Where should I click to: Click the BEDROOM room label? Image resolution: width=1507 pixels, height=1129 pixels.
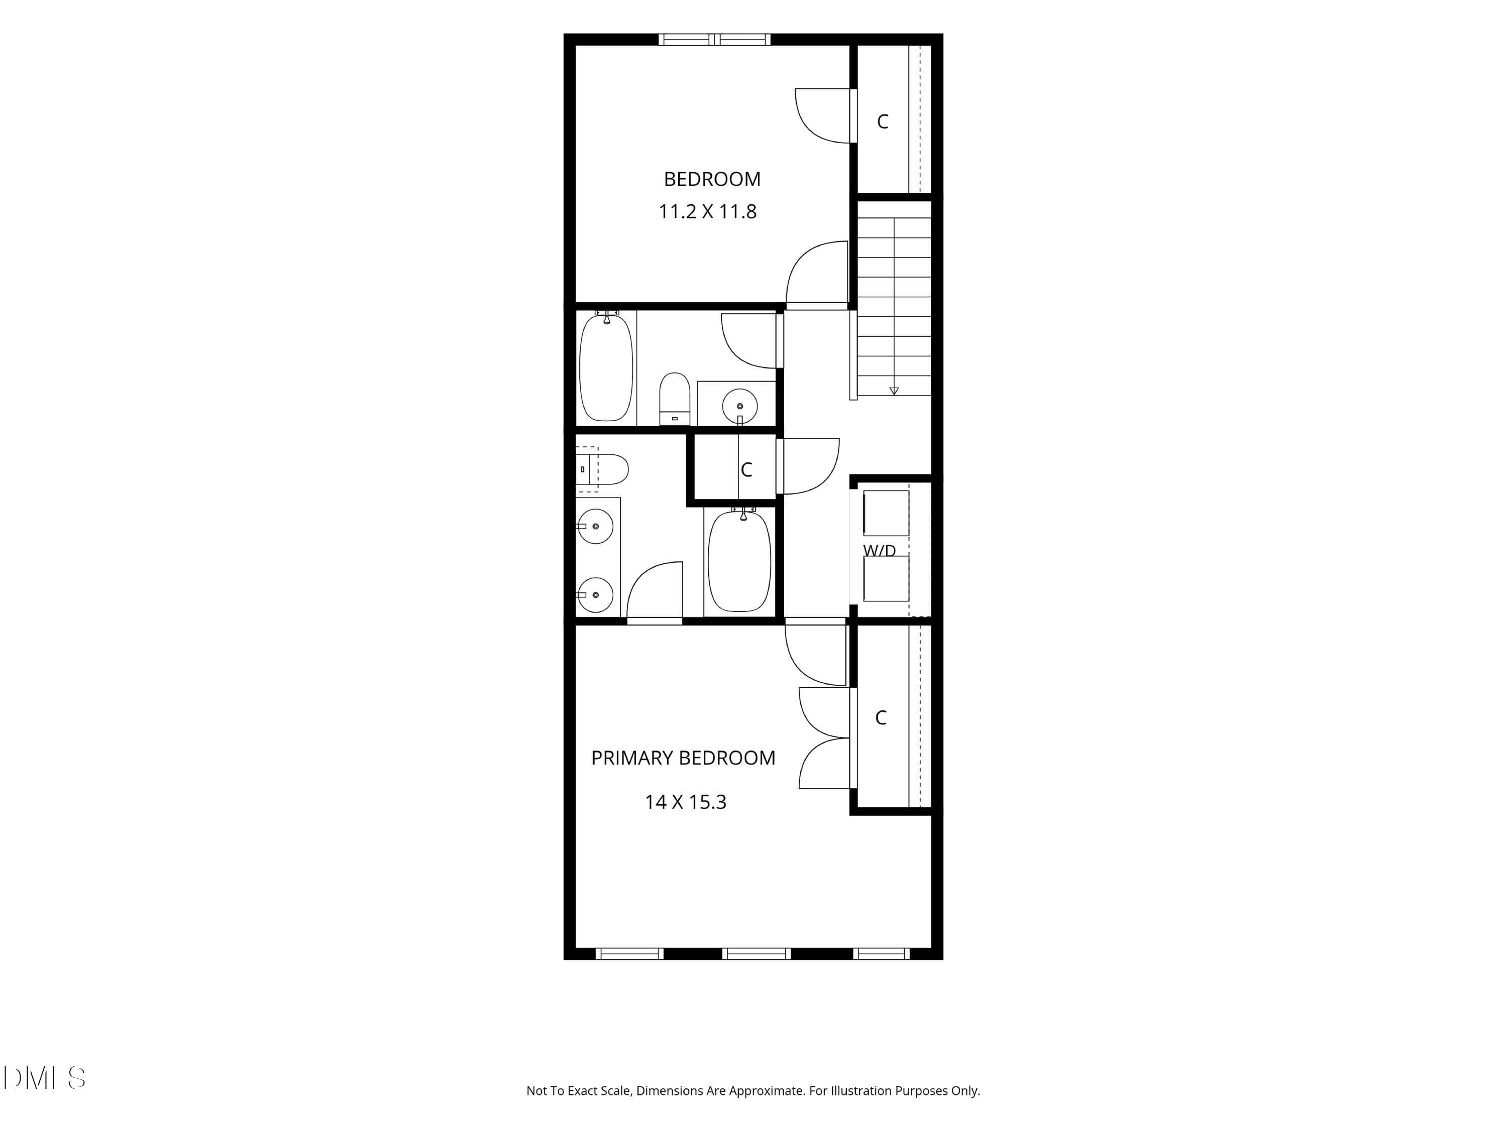[x=712, y=179]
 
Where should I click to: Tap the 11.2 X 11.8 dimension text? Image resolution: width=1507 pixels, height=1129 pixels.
[x=707, y=212]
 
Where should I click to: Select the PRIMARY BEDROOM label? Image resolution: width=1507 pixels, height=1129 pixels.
[x=683, y=758]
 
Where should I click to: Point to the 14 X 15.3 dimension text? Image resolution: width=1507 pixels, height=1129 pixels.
[x=685, y=802]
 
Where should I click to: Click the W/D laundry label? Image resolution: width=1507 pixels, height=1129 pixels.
[x=880, y=550]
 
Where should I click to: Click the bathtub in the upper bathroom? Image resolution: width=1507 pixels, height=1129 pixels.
[x=606, y=367]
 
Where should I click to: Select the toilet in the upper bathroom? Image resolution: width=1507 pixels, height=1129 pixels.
[x=675, y=399]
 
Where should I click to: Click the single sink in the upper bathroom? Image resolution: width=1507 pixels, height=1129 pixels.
[x=739, y=406]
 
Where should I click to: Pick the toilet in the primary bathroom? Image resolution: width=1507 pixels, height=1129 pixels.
[x=602, y=469]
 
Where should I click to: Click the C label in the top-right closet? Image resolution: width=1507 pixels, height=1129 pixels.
[x=882, y=121]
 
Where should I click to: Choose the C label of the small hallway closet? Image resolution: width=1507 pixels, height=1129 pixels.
[x=746, y=469]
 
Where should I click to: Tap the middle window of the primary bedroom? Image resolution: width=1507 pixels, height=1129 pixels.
[x=756, y=953]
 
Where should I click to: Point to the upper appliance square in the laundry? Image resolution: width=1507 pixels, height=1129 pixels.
[x=886, y=513]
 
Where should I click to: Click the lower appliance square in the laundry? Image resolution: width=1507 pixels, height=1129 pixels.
[x=886, y=578]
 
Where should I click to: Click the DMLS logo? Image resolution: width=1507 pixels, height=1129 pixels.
[x=44, y=1078]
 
